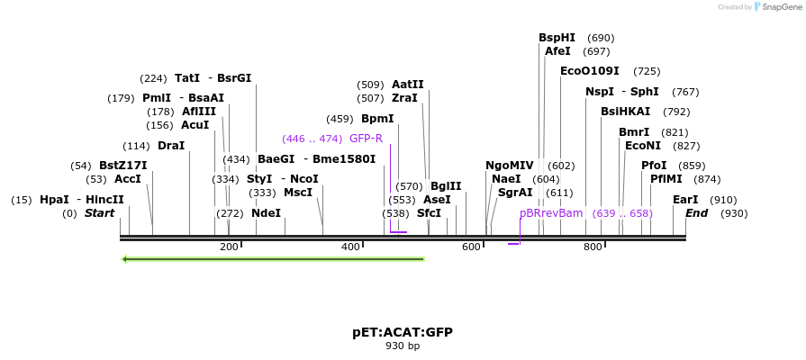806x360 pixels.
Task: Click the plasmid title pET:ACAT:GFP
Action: pos(403,332)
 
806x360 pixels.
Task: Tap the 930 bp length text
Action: pos(403,346)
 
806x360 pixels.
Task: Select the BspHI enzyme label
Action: pos(557,38)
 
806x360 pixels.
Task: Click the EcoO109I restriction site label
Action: pos(590,70)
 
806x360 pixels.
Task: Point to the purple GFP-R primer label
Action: pos(366,139)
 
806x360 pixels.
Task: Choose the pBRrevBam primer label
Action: pos(551,213)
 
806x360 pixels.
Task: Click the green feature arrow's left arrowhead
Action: pos(126,259)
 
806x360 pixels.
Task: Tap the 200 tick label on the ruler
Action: pos(229,247)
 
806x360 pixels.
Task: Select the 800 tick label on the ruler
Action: pos(593,247)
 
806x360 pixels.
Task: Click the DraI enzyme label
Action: pos(171,146)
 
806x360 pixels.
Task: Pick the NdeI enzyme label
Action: pos(266,213)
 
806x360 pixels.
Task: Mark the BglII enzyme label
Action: pos(446,186)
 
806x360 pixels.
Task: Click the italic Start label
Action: pos(100,213)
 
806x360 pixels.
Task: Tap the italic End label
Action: pos(697,213)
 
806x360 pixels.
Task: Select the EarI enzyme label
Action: pos(685,200)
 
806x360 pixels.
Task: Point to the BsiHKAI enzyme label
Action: pos(625,112)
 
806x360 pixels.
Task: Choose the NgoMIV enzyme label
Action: pos(510,166)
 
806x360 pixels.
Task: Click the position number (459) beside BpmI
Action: pos(340,119)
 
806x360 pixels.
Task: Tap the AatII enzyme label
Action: pos(408,85)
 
